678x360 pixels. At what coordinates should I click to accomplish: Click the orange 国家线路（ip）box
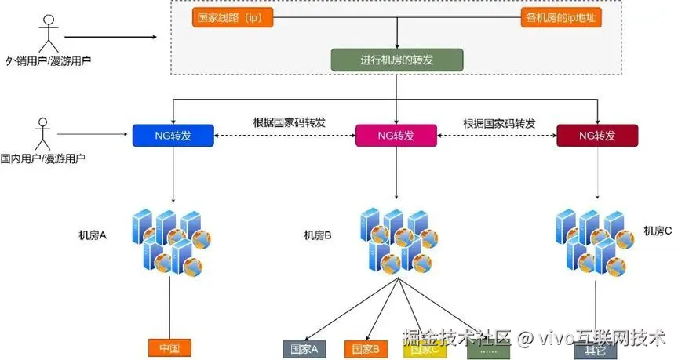(x=232, y=18)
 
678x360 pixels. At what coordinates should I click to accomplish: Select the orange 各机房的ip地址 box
(x=560, y=18)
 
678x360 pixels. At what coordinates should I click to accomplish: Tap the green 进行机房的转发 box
(x=397, y=60)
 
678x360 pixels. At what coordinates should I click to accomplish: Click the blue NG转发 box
(x=173, y=136)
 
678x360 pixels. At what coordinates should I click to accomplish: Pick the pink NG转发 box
(x=396, y=136)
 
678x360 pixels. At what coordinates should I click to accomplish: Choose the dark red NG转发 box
(x=597, y=136)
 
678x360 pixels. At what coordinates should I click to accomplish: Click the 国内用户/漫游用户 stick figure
(x=42, y=133)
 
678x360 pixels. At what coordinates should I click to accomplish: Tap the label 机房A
(x=92, y=235)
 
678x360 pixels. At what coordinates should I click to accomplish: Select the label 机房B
(x=317, y=235)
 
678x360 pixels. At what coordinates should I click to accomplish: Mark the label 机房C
(x=658, y=230)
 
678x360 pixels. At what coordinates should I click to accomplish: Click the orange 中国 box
(x=169, y=347)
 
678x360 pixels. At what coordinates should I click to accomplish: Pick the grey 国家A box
(x=304, y=349)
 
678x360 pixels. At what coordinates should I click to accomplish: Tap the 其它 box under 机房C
(x=595, y=350)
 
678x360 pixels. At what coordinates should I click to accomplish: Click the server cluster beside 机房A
(x=173, y=239)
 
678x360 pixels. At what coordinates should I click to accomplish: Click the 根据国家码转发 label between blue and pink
(x=289, y=123)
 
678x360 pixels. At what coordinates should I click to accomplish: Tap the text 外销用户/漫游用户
(x=48, y=60)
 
